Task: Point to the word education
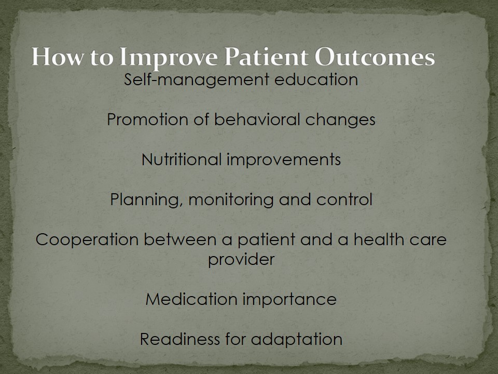pyautogui.click(x=316, y=79)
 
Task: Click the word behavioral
pyautogui.click(x=257, y=119)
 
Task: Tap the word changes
pyautogui.click(x=340, y=120)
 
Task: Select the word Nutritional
pyautogui.click(x=182, y=159)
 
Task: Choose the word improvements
pyautogui.click(x=284, y=160)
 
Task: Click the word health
pyautogui.click(x=379, y=239)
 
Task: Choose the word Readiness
pyautogui.click(x=180, y=339)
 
